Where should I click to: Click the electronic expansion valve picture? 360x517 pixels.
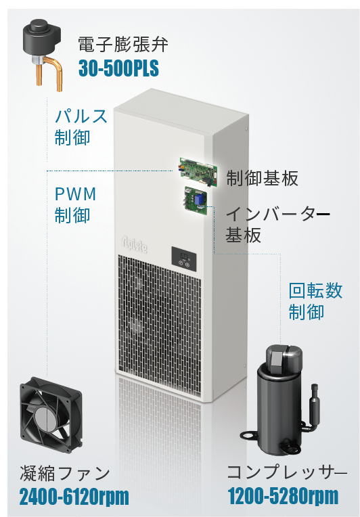[x=41, y=53]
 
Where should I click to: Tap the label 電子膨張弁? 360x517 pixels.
[x=123, y=44]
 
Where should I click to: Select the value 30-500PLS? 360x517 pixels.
[x=118, y=68]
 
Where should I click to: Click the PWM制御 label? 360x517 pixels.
[x=76, y=205]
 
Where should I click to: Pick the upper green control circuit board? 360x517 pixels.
[x=199, y=173]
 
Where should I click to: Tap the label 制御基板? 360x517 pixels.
[x=262, y=178]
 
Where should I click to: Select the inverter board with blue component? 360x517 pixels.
[x=196, y=201]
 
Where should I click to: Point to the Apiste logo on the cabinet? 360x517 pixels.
[x=135, y=244]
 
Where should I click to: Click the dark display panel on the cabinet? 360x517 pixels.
[x=183, y=259]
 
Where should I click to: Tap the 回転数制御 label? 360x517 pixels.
[x=315, y=301]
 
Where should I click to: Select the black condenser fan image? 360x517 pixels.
[x=51, y=415]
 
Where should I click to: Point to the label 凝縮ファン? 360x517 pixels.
[x=65, y=473]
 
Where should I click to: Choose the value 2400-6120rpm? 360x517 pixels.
[x=74, y=497]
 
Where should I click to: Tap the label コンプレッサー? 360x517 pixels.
[x=287, y=472]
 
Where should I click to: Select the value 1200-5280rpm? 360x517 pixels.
[x=283, y=496]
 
